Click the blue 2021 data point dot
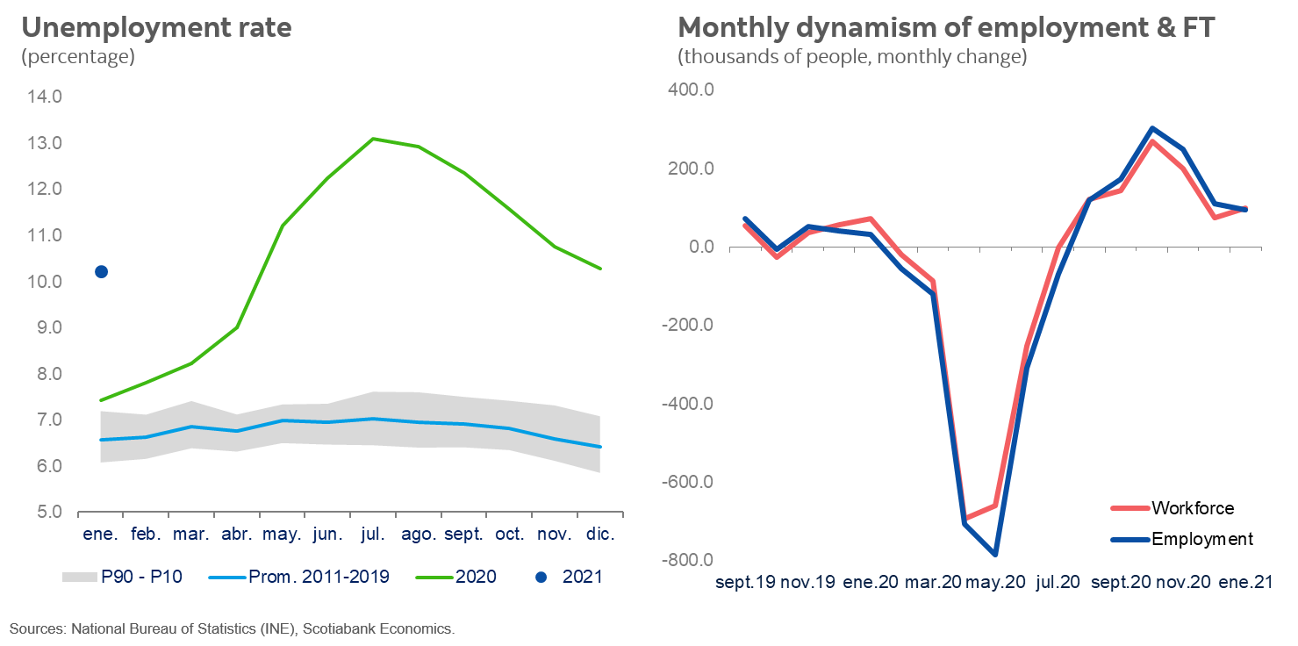coord(101,272)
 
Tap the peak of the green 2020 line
coord(373,139)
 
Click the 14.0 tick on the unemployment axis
coord(44,97)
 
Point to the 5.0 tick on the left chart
coord(44,512)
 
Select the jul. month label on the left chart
coord(373,535)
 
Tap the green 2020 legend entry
coord(475,577)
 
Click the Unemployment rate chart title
coord(156,28)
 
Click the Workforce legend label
coord(1192,508)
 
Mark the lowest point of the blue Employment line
coord(995,555)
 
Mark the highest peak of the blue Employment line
coord(1151,128)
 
